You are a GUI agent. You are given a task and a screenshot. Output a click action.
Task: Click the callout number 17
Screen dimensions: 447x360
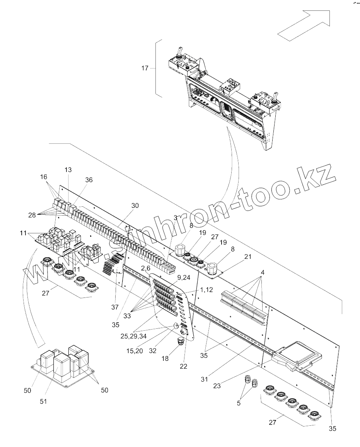click(x=145, y=68)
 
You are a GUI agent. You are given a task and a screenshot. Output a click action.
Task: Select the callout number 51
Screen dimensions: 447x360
click(x=43, y=401)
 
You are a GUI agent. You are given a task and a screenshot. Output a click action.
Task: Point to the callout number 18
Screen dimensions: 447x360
click(x=165, y=359)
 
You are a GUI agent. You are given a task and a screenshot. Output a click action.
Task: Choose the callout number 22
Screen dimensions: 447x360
click(x=184, y=366)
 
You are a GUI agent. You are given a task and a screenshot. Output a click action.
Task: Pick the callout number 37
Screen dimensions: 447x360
click(x=114, y=296)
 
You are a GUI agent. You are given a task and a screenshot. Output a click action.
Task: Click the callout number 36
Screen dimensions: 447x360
click(x=89, y=180)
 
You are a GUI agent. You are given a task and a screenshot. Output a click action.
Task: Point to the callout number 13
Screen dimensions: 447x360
click(x=68, y=170)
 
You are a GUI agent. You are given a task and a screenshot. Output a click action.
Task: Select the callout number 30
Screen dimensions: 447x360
click(x=135, y=206)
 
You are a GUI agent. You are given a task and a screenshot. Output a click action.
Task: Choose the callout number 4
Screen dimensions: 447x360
click(x=263, y=272)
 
